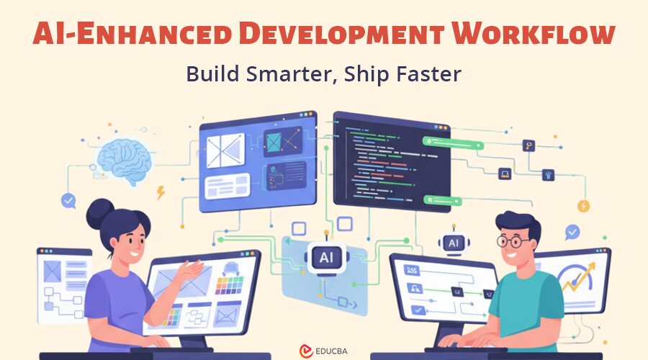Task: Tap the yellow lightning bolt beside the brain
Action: [x=160, y=193]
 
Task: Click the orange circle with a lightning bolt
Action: [x=584, y=206]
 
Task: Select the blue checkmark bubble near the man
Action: [x=572, y=233]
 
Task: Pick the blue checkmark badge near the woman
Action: [x=69, y=201]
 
